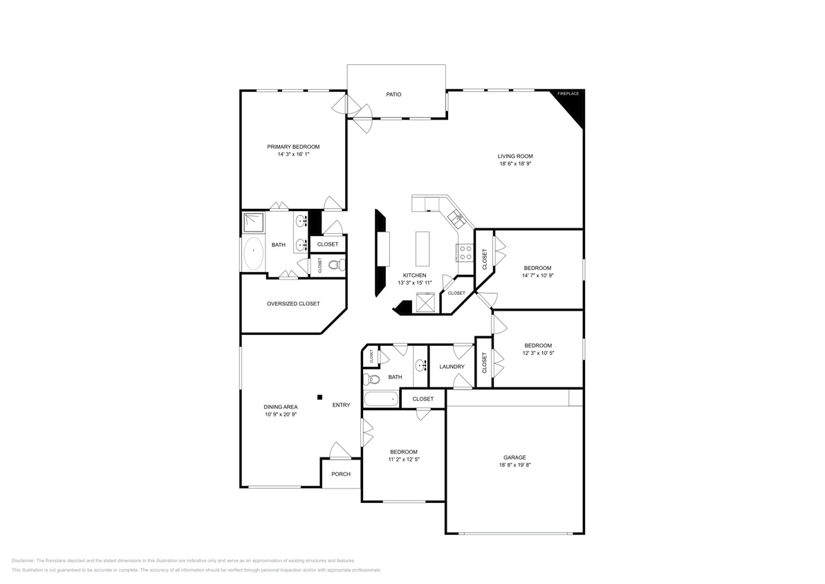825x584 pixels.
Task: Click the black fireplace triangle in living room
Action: (x=573, y=104)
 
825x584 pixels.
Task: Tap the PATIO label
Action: (x=393, y=94)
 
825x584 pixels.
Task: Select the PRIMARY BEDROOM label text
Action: (x=293, y=147)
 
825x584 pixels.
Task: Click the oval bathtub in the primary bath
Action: (x=253, y=254)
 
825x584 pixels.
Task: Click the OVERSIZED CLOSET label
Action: (x=293, y=304)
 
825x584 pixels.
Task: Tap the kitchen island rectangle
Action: (x=423, y=248)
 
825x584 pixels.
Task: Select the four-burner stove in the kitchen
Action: (x=465, y=253)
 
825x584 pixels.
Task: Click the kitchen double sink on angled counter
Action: (x=456, y=219)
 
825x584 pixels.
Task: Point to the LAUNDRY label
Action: (x=452, y=366)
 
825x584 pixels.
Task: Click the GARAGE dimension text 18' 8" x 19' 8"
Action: (x=514, y=466)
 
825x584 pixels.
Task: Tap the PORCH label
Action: (x=340, y=474)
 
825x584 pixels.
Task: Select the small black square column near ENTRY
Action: (x=319, y=397)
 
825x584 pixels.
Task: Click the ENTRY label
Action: (x=341, y=405)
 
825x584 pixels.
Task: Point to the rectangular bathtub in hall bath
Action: (x=381, y=399)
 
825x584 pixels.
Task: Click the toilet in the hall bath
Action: (x=372, y=379)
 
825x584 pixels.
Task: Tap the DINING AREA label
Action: (x=280, y=407)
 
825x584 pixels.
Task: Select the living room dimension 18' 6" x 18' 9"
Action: (x=515, y=165)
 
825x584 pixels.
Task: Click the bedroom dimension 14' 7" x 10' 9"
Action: (x=537, y=275)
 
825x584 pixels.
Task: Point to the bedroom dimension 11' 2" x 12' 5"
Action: (x=402, y=459)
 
